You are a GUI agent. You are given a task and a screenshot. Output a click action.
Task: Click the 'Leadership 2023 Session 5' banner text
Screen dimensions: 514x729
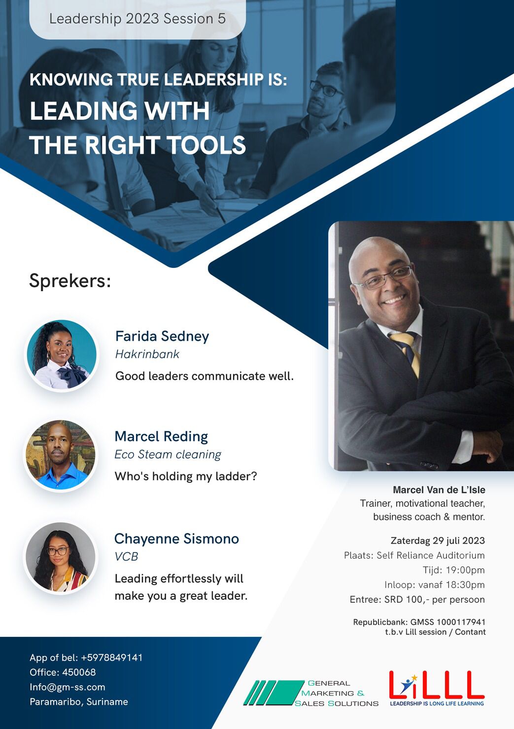[137, 19]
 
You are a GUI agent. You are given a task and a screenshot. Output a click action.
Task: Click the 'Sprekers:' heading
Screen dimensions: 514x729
[70, 281]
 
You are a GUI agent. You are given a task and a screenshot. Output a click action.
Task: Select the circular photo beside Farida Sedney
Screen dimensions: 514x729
[62, 355]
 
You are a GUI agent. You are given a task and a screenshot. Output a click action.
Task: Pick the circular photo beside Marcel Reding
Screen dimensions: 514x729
[61, 455]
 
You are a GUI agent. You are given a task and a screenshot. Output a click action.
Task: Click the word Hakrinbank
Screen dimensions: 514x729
[147, 354]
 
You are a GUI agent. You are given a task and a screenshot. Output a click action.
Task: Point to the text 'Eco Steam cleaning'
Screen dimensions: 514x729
[168, 454]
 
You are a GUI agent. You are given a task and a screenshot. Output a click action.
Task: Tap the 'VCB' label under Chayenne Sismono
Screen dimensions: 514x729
[126, 557]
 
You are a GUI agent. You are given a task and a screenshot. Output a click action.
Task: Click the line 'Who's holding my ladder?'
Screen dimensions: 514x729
[186, 476]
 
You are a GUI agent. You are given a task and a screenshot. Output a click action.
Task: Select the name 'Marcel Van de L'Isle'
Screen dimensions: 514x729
[439, 490]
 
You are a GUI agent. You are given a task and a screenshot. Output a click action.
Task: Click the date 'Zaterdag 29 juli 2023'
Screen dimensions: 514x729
[438, 540]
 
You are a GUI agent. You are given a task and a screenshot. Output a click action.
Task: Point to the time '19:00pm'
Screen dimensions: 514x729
[465, 570]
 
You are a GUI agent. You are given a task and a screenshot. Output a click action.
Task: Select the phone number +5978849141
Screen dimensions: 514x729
[112, 658]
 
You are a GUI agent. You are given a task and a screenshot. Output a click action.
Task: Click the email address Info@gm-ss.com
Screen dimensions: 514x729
[68, 687]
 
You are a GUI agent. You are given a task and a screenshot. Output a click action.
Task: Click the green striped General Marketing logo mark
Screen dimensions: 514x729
[274, 693]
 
